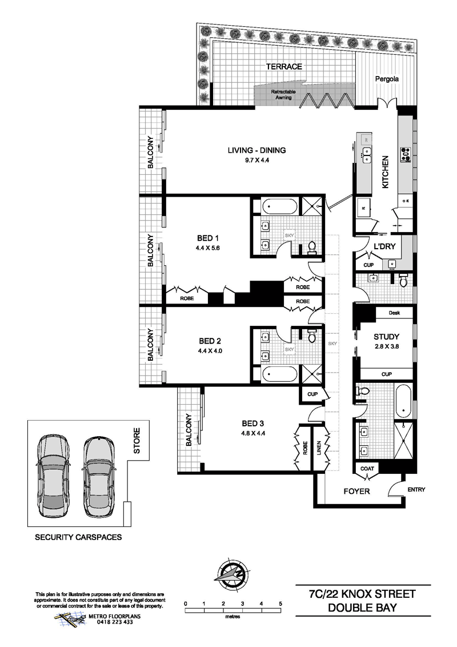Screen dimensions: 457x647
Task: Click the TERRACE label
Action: click(x=284, y=66)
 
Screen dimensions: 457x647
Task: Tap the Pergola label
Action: click(x=387, y=79)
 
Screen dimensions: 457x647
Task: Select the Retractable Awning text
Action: click(x=283, y=94)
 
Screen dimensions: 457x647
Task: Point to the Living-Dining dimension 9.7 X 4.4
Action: click(x=256, y=160)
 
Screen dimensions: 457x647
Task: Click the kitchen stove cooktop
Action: click(x=406, y=154)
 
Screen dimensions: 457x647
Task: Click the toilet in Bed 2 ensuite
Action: click(x=312, y=336)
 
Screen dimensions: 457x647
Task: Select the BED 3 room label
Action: click(x=253, y=424)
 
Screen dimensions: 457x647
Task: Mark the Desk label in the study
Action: click(x=394, y=313)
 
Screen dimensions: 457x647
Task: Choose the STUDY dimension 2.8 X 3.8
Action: click(x=387, y=346)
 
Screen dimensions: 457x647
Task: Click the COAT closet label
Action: click(x=367, y=468)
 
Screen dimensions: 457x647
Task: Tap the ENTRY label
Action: click(x=416, y=489)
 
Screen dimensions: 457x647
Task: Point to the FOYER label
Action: click(x=357, y=492)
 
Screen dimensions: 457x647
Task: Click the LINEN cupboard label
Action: click(x=319, y=448)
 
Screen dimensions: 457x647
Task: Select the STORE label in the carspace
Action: click(x=137, y=441)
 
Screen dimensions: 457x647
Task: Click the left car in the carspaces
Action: click(x=53, y=477)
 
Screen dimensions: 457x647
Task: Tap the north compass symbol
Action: click(x=232, y=574)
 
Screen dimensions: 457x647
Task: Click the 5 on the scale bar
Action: click(x=280, y=604)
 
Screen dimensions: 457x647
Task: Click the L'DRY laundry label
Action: click(x=384, y=246)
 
